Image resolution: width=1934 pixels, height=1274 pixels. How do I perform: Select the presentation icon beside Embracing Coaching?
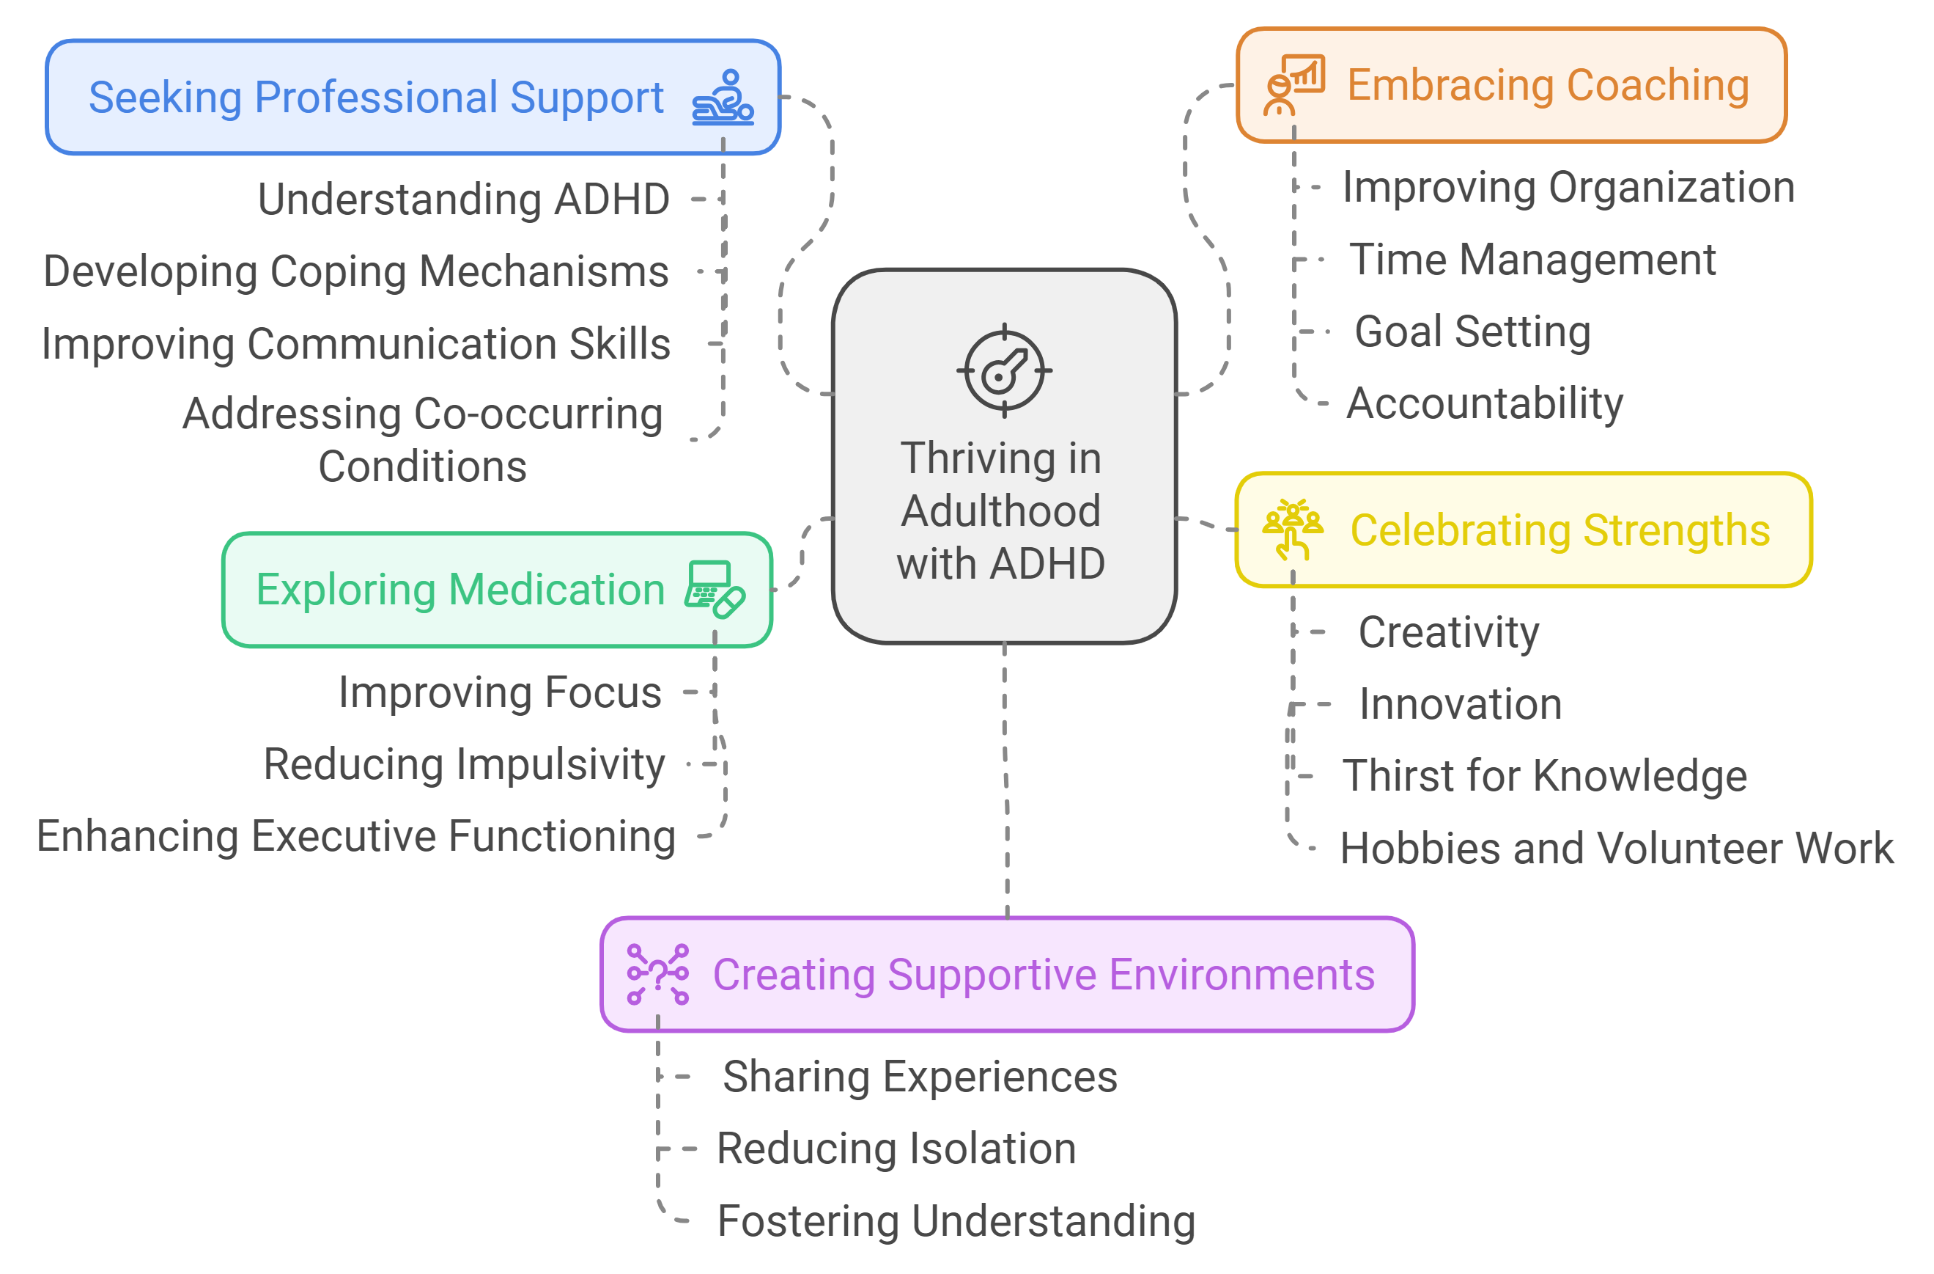click(x=1294, y=84)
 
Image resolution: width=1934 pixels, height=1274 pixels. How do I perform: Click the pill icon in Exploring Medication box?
click(x=715, y=590)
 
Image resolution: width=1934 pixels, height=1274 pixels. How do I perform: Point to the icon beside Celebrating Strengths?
click(x=1292, y=530)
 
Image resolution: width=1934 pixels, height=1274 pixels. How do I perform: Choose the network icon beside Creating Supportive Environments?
click(x=657, y=974)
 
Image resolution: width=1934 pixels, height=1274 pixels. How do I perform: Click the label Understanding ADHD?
click(x=463, y=199)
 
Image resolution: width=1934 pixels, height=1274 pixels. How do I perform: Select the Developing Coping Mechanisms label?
click(x=356, y=271)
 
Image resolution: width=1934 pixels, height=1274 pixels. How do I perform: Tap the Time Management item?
click(x=1532, y=260)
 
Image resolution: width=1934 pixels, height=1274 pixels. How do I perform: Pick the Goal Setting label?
click(x=1472, y=332)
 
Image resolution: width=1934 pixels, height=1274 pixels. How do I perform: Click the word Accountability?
click(x=1485, y=403)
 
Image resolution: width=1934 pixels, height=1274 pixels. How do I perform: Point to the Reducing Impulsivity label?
click(x=464, y=764)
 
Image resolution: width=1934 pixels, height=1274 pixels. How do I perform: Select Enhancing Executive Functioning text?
click(x=356, y=836)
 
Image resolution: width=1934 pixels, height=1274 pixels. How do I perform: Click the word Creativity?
click(x=1449, y=632)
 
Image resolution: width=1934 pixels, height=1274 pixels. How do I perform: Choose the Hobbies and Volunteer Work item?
click(x=1616, y=848)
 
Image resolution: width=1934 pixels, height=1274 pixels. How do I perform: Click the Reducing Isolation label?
click(x=896, y=1149)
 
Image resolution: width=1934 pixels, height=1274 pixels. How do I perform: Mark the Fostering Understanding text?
click(x=956, y=1221)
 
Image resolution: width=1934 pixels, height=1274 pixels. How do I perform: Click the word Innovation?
click(x=1461, y=704)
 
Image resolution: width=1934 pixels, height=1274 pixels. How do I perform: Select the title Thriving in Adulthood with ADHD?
click(x=1001, y=510)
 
